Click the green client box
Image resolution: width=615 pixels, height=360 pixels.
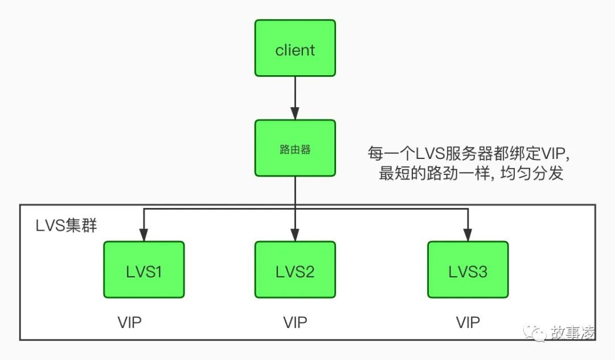point(295,48)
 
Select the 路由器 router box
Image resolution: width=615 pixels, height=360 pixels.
point(295,148)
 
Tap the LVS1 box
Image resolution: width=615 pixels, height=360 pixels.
point(144,270)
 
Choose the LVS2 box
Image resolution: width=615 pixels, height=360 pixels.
point(295,270)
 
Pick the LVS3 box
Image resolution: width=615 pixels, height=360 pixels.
point(468,270)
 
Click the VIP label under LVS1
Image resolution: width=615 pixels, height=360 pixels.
point(129,322)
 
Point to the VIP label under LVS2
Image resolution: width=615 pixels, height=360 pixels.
point(295,322)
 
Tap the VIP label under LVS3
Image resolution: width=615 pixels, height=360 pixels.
point(468,322)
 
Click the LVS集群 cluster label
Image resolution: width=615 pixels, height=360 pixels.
point(66,226)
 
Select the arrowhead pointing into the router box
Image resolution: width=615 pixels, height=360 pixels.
point(295,114)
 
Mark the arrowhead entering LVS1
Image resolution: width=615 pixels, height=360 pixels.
point(144,235)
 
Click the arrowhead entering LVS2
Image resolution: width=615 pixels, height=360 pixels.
point(295,235)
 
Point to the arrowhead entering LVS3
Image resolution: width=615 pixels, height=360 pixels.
point(468,235)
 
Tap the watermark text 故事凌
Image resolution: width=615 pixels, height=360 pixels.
point(572,333)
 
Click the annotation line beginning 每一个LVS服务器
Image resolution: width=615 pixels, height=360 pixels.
point(469,153)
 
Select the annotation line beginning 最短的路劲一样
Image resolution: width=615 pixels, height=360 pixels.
point(471,173)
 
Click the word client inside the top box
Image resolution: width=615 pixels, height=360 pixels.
point(295,50)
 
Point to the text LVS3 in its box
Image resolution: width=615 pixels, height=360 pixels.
point(468,272)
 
